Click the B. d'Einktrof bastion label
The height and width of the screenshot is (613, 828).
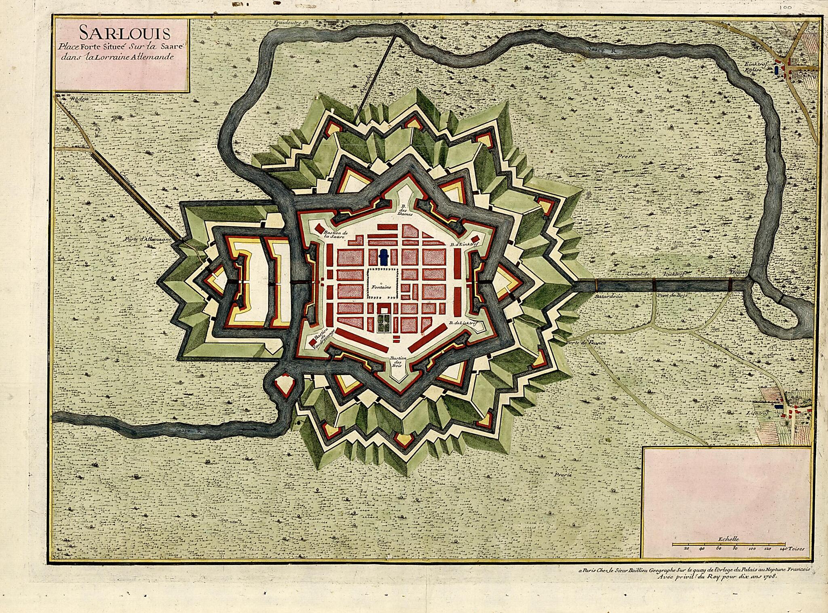[464, 244]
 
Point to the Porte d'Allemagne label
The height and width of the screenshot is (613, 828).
[148, 238]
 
